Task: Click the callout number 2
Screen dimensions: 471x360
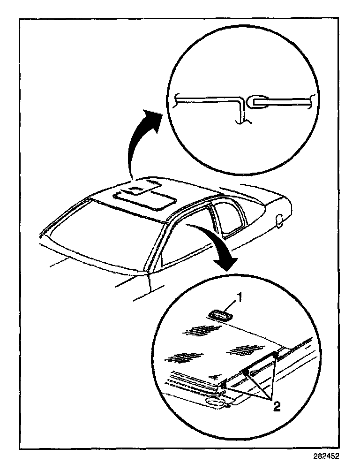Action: pyautogui.click(x=277, y=406)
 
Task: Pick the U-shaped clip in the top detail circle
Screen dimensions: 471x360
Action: pyautogui.click(x=257, y=102)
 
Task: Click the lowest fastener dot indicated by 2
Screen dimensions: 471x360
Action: pyautogui.click(x=224, y=386)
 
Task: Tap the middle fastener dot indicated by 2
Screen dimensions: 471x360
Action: pyautogui.click(x=245, y=372)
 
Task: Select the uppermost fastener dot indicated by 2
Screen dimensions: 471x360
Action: pyautogui.click(x=275, y=355)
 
